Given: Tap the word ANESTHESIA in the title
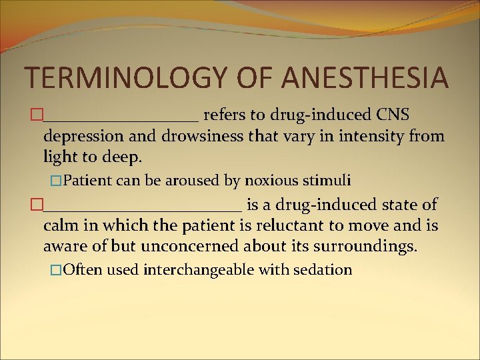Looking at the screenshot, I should click(x=365, y=77).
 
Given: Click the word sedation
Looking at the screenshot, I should click(x=322, y=270).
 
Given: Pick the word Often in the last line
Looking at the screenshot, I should click(x=83, y=270).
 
